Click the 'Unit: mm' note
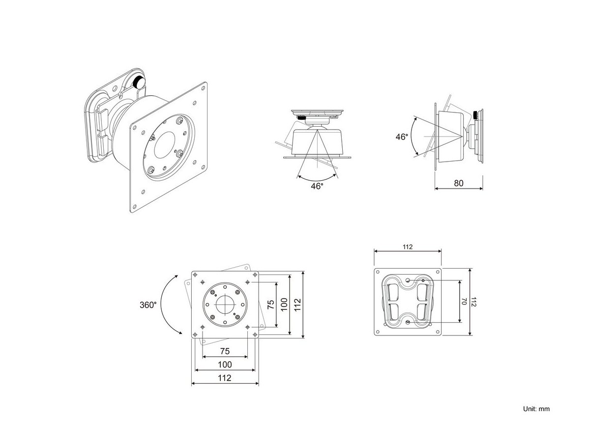pyautogui.click(x=536, y=409)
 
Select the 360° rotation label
pyautogui.click(x=148, y=304)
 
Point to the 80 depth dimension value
pyautogui.click(x=459, y=184)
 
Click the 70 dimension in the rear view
pyautogui.click(x=463, y=302)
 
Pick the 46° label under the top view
pyautogui.click(x=317, y=186)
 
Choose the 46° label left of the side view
pyautogui.click(x=402, y=137)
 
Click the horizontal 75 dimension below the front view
pyautogui.click(x=225, y=351)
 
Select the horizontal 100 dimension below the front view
pyautogui.click(x=225, y=364)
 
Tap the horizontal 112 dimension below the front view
pyautogui.click(x=225, y=378)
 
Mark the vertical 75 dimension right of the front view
pyautogui.click(x=270, y=304)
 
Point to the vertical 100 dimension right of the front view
pyautogui.click(x=284, y=304)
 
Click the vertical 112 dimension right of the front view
pyautogui.click(x=297, y=304)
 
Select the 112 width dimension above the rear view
pyautogui.click(x=408, y=247)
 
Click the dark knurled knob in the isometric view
pyautogui.click(x=140, y=82)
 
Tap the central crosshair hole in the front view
pyautogui.click(x=225, y=304)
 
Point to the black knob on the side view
pyautogui.click(x=475, y=115)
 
